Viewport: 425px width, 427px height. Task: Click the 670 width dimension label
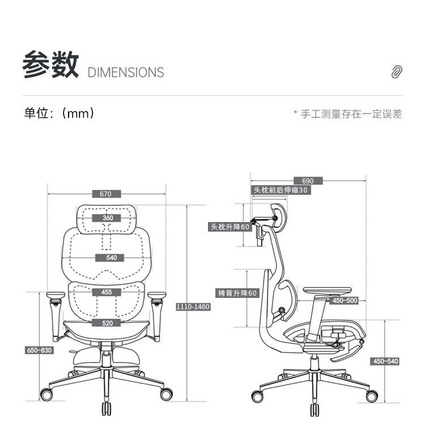click(x=106, y=194)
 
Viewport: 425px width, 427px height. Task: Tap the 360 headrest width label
click(x=108, y=218)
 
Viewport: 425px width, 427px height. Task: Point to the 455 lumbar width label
click(x=107, y=292)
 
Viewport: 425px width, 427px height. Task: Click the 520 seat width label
click(x=107, y=323)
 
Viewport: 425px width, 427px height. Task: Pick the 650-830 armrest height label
click(x=39, y=350)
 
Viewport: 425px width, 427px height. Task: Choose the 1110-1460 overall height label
click(x=193, y=307)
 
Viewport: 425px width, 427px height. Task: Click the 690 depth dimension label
click(x=308, y=181)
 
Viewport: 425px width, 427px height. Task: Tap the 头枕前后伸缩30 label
click(x=281, y=190)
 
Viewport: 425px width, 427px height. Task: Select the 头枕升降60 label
click(x=229, y=227)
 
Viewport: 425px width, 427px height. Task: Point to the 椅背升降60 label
click(x=237, y=293)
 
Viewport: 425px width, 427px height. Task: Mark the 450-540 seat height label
click(x=385, y=361)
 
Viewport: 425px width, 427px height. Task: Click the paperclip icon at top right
click(x=397, y=72)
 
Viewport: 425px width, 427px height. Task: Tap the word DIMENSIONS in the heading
click(x=126, y=72)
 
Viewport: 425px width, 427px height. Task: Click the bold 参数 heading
click(x=50, y=65)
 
